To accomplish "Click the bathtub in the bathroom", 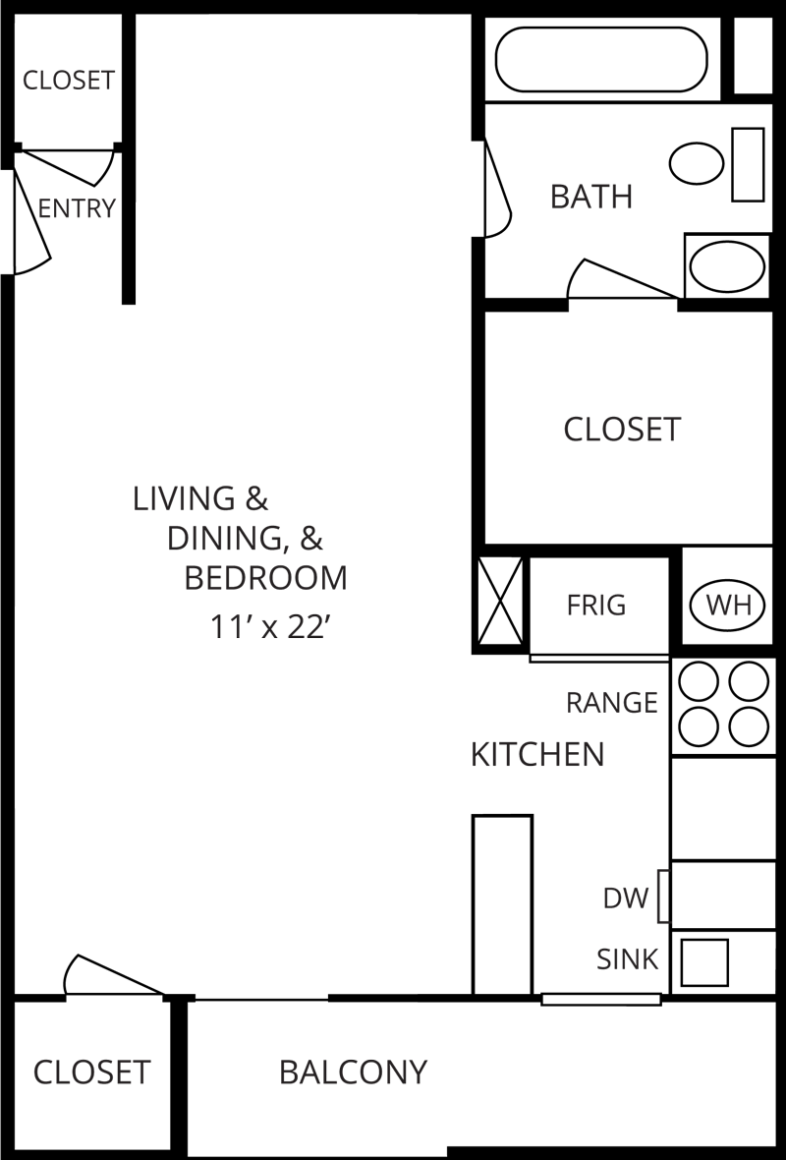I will pyautogui.click(x=601, y=59).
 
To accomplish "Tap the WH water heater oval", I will pyautogui.click(x=729, y=605).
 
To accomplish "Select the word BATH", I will pyautogui.click(x=590, y=197).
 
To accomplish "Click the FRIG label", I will pyautogui.click(x=595, y=605).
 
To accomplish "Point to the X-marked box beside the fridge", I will pyautogui.click(x=500, y=599).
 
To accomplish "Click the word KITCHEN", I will pyautogui.click(x=537, y=755).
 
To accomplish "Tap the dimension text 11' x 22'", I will pyautogui.click(x=268, y=627).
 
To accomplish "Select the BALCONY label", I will pyautogui.click(x=354, y=1072).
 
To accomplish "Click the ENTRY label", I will pyautogui.click(x=77, y=208).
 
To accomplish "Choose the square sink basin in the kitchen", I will pyautogui.click(x=704, y=962).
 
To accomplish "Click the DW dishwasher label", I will pyautogui.click(x=626, y=898).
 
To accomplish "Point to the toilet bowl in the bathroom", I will pyautogui.click(x=697, y=163).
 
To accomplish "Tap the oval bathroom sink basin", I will pyautogui.click(x=727, y=266).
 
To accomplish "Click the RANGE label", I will pyautogui.click(x=611, y=703).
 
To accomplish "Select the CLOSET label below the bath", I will pyautogui.click(x=622, y=430).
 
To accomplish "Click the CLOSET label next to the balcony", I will pyautogui.click(x=91, y=1072).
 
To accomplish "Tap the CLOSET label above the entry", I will pyautogui.click(x=69, y=80).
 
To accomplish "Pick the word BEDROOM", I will pyautogui.click(x=266, y=578).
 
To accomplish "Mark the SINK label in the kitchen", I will pyautogui.click(x=627, y=959).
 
